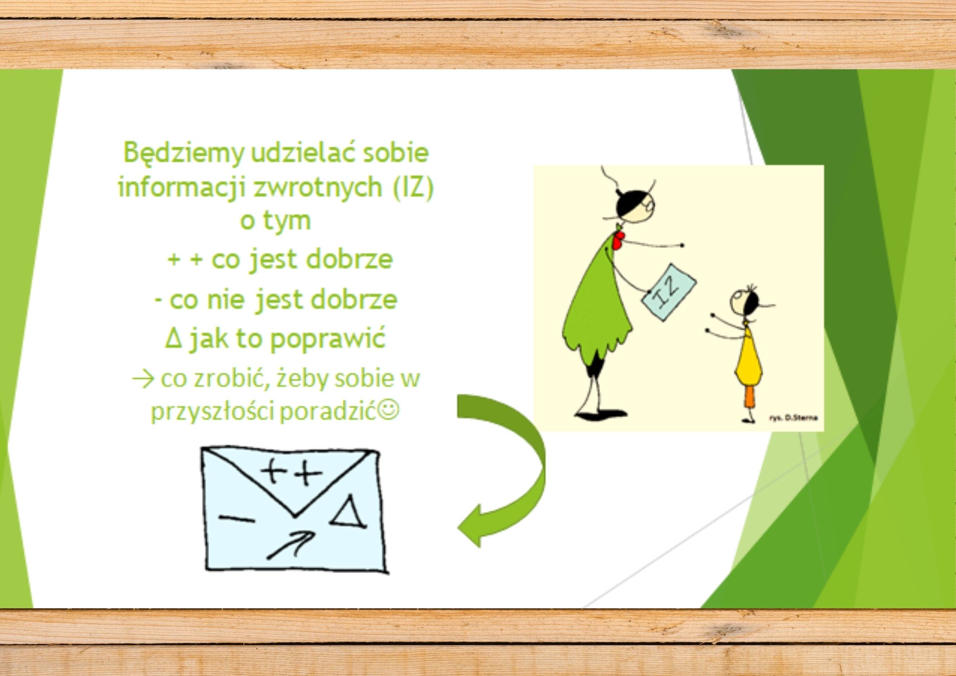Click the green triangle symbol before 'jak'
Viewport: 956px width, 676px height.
click(x=173, y=339)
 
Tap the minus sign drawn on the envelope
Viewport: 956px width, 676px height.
click(x=236, y=519)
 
